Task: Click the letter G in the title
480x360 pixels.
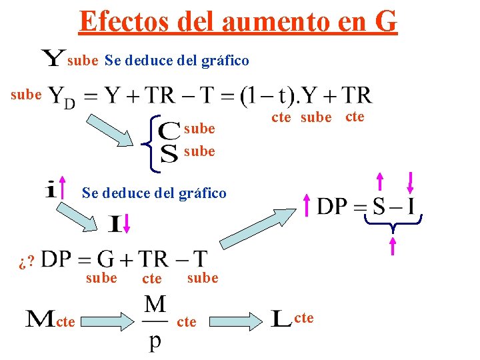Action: [x=385, y=21]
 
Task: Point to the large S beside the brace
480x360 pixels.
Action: [x=170, y=153]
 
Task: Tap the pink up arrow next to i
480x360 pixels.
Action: [x=65, y=188]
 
